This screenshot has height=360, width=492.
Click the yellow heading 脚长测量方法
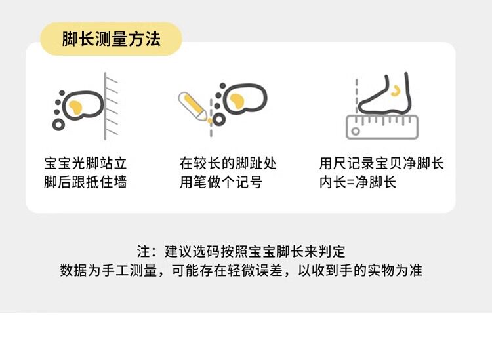[112, 39]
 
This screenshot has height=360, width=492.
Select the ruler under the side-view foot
[382, 127]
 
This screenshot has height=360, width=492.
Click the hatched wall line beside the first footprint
[105, 106]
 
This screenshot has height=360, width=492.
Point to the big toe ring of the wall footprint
[58, 125]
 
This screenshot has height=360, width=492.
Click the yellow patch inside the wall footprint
[75, 108]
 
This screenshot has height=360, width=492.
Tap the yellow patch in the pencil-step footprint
[237, 101]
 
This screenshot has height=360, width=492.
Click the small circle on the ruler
[356, 131]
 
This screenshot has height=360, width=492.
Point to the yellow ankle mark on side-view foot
[396, 91]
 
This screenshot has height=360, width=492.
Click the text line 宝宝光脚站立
[85, 163]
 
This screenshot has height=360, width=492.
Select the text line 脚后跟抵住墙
[85, 182]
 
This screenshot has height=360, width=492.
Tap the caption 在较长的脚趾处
[228, 163]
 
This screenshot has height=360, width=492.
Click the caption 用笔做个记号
[221, 182]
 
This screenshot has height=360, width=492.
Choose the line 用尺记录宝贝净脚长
[382, 163]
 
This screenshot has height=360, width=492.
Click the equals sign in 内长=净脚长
[347, 182]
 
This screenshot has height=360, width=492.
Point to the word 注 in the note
[144, 252]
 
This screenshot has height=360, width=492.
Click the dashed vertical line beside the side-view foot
[356, 96]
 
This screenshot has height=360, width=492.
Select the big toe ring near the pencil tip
[218, 119]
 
